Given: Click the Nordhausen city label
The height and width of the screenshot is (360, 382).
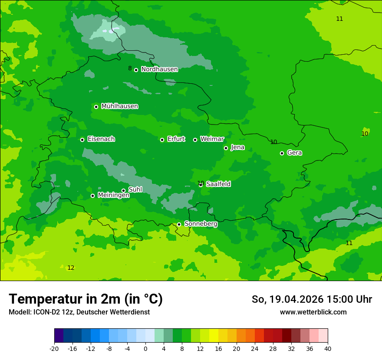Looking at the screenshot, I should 159,69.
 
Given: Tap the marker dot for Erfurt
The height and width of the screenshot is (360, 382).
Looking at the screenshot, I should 162,140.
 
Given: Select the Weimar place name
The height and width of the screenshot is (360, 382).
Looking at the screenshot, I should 212,139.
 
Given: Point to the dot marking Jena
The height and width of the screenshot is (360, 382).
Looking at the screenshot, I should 226,148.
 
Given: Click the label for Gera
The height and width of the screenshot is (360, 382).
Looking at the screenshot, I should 294,153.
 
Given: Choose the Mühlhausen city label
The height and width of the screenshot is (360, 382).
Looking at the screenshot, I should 119,106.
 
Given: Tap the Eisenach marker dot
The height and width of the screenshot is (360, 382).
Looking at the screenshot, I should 82,140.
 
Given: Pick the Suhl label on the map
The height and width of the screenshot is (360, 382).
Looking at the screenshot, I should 135,190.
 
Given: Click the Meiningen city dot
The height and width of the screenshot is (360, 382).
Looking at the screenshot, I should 92,196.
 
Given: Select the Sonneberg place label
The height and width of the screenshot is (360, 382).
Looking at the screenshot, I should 201,224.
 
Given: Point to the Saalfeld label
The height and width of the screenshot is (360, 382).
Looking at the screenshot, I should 218,184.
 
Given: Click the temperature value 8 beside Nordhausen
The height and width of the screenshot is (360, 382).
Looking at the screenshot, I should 130,68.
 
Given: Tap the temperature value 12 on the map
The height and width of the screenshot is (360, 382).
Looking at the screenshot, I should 71,268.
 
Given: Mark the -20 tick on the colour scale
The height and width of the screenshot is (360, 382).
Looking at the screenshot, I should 54,348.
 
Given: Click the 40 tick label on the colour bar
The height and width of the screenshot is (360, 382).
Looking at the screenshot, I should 327,348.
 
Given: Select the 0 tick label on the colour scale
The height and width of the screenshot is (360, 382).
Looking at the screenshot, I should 145,348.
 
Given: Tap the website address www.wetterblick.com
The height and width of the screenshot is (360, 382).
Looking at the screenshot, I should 313,312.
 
